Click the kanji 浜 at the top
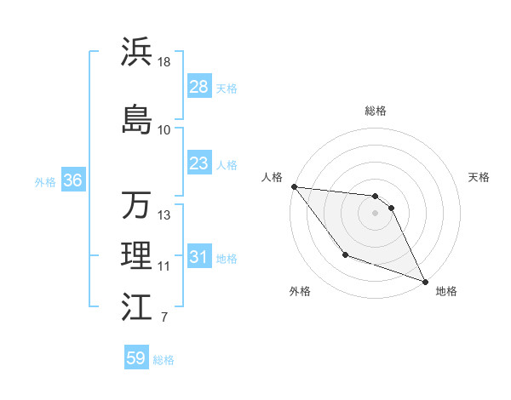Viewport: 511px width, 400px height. pos(136,53)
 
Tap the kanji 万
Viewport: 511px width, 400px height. pos(136,205)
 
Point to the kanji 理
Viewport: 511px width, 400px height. pos(136,256)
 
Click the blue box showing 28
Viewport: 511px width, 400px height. pos(198,87)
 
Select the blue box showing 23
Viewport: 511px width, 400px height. pos(198,163)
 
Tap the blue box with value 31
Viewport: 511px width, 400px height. pos(198,257)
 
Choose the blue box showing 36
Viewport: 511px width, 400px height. pos(72,180)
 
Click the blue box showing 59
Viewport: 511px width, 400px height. pos(136,358)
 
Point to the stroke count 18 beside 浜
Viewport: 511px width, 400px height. pos(164,62)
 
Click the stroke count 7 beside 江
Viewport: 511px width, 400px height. pos(164,318)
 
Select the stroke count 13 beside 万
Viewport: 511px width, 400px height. pos(164,215)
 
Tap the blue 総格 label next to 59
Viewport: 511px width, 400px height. pos(164,360)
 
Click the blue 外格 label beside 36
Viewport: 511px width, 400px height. pos(45,182)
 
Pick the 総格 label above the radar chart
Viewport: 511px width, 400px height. pos(376,111)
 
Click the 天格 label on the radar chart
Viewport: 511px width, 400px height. pos(479,177)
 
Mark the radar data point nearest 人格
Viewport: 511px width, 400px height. pos(294,186)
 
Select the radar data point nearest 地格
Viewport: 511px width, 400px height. pos(426,282)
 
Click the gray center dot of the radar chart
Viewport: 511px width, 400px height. pos(376,213)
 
